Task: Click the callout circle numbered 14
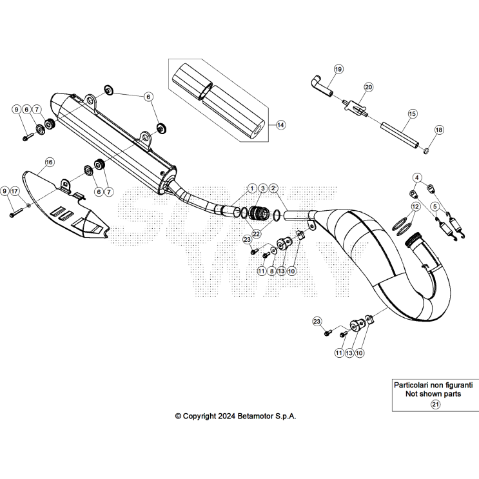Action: point(280,124)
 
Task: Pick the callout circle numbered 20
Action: point(369,86)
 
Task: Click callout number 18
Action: point(439,130)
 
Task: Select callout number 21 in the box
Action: point(435,404)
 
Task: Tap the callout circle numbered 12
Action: point(415,206)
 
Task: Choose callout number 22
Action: point(256,233)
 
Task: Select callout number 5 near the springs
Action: point(435,206)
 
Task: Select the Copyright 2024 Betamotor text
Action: point(236,416)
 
